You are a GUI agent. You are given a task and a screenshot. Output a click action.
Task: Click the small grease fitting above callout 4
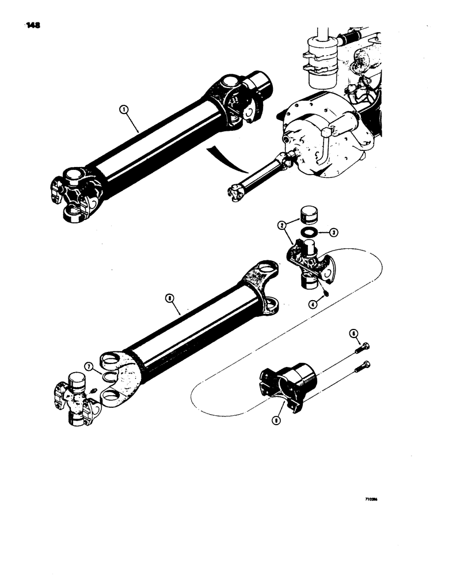[326, 291]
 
